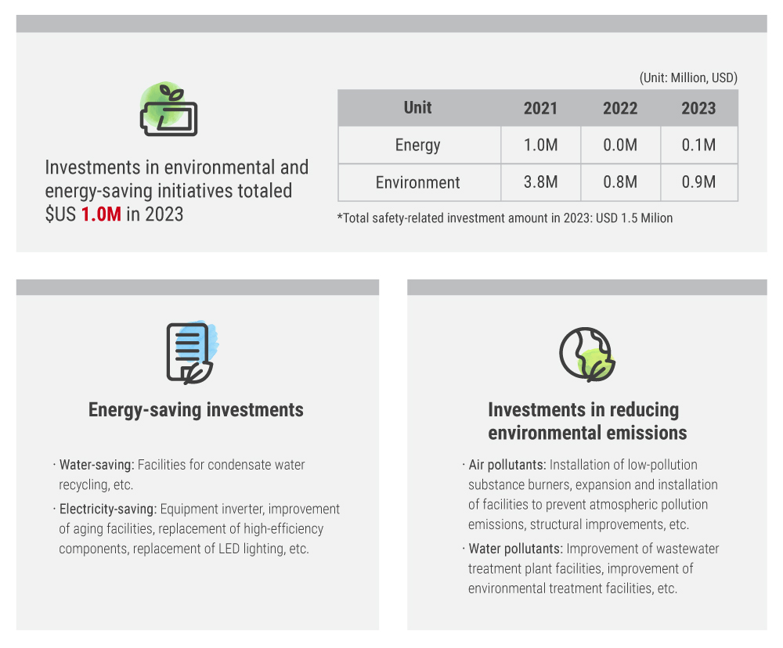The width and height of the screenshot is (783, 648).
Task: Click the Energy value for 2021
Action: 540,145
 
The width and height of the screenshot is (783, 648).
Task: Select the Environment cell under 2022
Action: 620,182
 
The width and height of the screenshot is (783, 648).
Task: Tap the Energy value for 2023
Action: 698,145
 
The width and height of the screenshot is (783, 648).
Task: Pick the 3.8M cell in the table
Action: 540,182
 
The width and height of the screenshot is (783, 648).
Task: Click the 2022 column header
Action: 620,108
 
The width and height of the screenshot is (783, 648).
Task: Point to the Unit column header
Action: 418,108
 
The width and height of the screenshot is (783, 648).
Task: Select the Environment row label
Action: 418,182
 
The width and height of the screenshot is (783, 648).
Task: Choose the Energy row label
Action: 418,146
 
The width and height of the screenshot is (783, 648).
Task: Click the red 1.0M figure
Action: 101,214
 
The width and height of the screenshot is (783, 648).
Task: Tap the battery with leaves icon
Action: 169,110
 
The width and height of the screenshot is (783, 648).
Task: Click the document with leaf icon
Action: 191,353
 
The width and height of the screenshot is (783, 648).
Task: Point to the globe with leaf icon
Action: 586,355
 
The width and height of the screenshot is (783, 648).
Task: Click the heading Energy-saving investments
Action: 196,410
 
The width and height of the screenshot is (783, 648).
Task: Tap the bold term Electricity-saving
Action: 108,509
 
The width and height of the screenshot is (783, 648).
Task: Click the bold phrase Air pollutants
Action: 507,465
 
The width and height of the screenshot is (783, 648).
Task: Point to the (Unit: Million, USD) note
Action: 688,78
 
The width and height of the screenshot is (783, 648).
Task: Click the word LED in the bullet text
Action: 229,549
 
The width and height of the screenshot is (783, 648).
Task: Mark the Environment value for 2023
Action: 698,182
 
